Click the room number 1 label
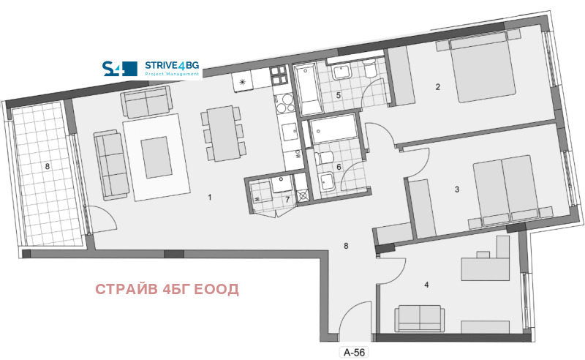[210, 198]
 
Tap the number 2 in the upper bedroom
[438, 88]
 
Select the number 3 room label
[457, 190]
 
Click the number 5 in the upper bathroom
[339, 95]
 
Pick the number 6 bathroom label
[339, 166]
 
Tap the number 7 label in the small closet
[287, 199]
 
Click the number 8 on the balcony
[47, 167]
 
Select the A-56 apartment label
[354, 352]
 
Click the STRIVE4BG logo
[151, 69]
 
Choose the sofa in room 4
[419, 318]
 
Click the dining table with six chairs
[222, 133]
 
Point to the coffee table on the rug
[154, 155]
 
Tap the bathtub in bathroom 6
[333, 133]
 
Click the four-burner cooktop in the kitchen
[279, 74]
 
